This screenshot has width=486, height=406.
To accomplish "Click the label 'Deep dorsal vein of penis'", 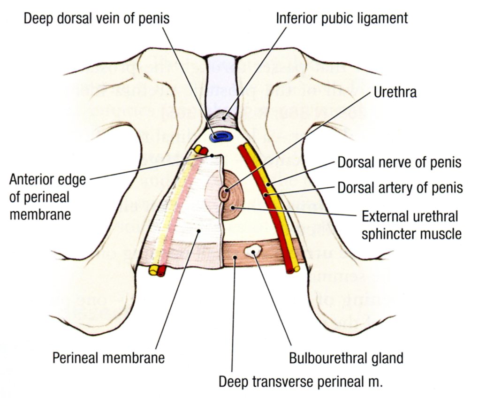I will click(96, 19).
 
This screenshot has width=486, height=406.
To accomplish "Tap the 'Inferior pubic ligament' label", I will click(342, 19).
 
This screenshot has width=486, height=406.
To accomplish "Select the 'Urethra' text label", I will click(395, 93).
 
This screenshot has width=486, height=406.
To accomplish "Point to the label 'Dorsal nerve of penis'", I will click(400, 163).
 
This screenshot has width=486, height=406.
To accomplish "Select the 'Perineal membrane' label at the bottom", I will click(108, 358).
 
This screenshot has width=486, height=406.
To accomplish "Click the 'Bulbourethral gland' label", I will click(345, 358).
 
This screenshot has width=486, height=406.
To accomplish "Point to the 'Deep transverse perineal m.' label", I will click(301, 381).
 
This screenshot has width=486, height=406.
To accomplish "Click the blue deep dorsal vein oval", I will click(220, 137).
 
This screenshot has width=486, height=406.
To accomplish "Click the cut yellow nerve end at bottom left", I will click(153, 270).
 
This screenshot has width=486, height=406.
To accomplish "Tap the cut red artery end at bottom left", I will click(162, 271).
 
